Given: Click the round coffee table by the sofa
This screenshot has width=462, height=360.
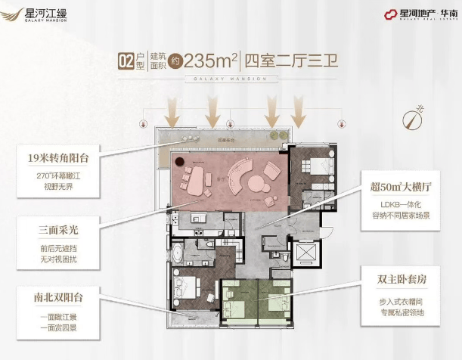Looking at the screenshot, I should pyautogui.click(x=256, y=182).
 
